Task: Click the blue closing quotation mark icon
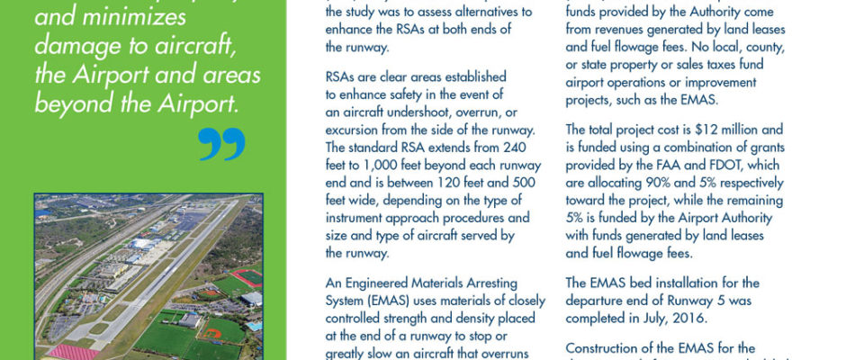(x=220, y=144)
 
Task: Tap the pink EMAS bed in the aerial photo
(x=73, y=352)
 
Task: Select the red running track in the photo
(x=245, y=278)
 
